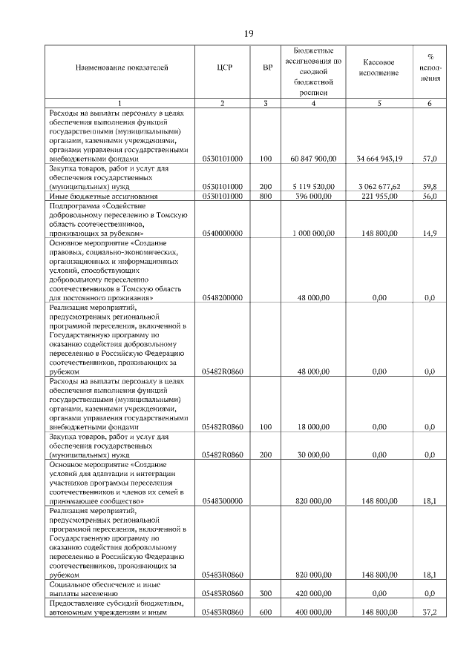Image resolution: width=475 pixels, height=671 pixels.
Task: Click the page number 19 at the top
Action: coord(249,33)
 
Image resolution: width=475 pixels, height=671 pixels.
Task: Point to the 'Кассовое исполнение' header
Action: coord(379,69)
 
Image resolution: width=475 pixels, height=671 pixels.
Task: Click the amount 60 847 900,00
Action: coord(314,159)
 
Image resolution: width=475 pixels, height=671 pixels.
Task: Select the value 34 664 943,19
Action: coord(379,159)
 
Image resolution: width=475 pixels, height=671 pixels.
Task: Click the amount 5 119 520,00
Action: coord(315,188)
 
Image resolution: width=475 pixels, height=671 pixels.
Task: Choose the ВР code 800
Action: coord(266,196)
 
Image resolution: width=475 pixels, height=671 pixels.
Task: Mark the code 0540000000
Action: coord(223,234)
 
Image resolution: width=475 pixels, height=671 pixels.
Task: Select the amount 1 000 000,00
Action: coord(315,234)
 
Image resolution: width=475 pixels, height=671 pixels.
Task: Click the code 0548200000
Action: coord(223,298)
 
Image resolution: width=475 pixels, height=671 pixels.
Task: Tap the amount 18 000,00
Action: coord(315,427)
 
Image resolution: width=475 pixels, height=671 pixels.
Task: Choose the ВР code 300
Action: coord(266,593)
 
